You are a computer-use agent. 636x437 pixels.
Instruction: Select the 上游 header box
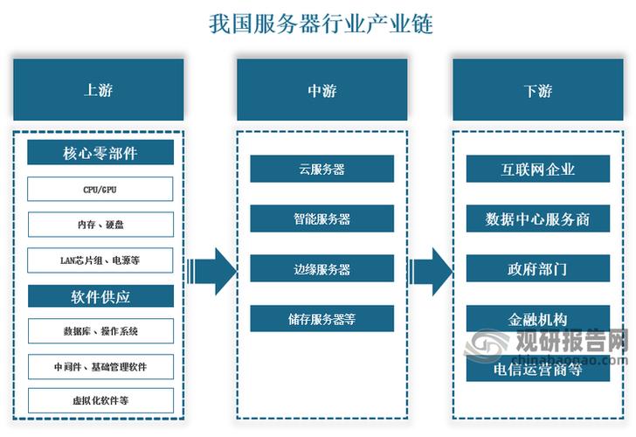click(x=99, y=89)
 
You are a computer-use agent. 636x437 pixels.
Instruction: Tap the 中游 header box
click(x=321, y=89)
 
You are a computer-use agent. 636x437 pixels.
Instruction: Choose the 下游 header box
click(x=538, y=89)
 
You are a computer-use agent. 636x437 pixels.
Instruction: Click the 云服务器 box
click(x=321, y=170)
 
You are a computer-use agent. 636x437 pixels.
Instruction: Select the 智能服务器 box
click(x=321, y=218)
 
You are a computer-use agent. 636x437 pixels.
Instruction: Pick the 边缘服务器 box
click(x=321, y=268)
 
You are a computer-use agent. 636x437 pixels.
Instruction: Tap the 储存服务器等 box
click(x=321, y=318)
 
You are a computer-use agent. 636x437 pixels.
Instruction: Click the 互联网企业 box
click(x=538, y=169)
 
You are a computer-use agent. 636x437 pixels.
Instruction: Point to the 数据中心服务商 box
click(x=538, y=218)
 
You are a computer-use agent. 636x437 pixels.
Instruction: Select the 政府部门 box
click(x=538, y=268)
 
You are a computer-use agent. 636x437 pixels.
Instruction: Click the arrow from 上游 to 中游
click(x=212, y=271)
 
